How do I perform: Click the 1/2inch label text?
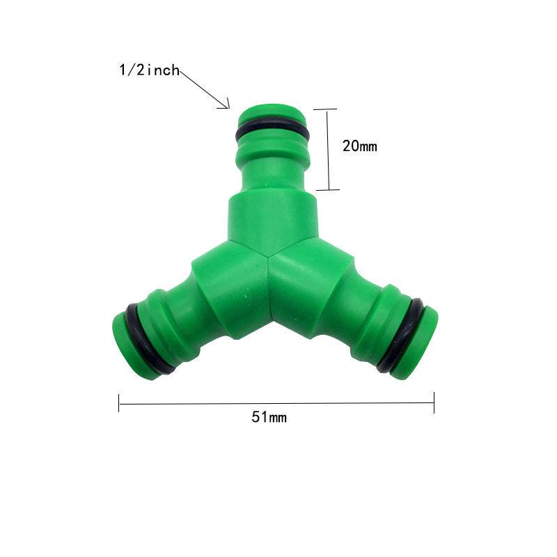click(149, 70)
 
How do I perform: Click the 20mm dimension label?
click(359, 146)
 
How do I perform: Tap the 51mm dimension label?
click(269, 417)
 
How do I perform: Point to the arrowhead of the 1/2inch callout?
click(228, 107)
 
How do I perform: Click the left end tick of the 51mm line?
click(119, 402)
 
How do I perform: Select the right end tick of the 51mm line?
click(434, 402)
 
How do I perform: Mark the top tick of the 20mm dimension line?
click(326, 109)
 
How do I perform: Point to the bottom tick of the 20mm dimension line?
click(326, 189)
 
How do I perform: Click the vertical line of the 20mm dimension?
click(326, 149)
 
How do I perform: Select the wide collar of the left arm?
click(212, 292)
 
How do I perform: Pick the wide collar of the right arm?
click(327, 292)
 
